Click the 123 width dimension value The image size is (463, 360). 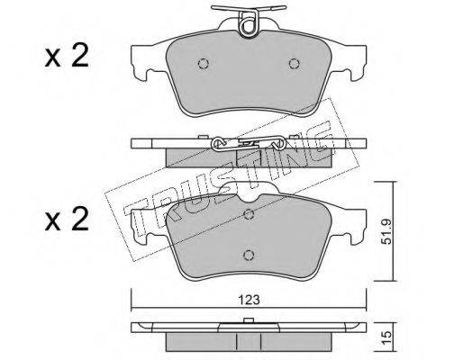pos(249,300)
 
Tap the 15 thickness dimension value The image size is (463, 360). pos(387,337)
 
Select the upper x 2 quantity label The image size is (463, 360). pos(67,56)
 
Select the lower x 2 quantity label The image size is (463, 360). pos(67,220)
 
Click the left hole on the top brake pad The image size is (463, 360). pos(204,64)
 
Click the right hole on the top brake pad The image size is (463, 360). pos(295,64)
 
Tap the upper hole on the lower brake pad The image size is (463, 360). pos(249,214)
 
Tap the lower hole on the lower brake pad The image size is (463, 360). pos(249,255)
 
